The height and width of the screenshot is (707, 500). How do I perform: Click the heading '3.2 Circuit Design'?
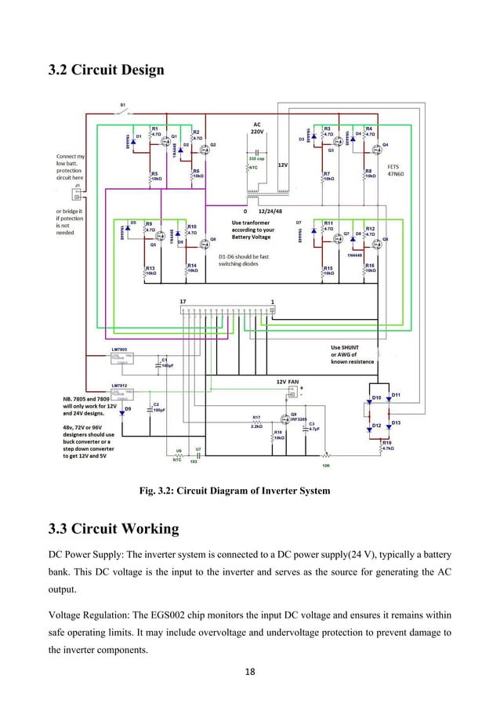click(x=106, y=71)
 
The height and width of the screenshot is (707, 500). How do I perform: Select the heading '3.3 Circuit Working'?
click(x=114, y=529)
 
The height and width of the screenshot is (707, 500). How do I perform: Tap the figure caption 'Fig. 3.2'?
click(x=234, y=491)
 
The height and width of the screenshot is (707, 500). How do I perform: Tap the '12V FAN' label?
click(x=288, y=381)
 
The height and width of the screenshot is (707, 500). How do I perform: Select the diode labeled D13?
click(x=397, y=423)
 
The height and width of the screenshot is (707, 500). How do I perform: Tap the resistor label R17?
click(x=256, y=417)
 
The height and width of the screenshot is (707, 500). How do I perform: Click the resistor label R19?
click(x=386, y=442)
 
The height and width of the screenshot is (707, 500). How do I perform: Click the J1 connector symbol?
click(x=77, y=194)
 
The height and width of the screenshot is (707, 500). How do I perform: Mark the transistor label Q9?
click(x=295, y=415)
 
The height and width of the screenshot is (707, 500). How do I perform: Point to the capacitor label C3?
click(x=312, y=423)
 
